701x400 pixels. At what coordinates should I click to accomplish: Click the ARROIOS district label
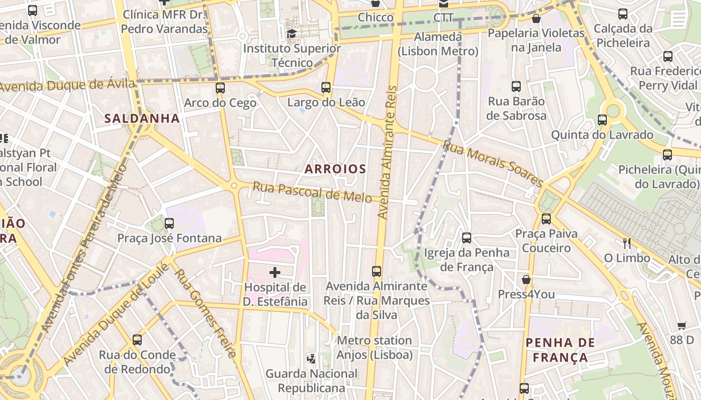(x=335, y=169)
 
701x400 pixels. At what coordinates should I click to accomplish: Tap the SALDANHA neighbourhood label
(x=142, y=118)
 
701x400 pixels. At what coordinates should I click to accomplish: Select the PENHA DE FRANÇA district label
(x=560, y=350)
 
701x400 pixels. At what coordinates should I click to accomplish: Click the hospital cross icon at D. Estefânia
(x=275, y=272)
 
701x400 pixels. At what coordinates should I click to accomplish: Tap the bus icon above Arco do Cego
(x=220, y=88)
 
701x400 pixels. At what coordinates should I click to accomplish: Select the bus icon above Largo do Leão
(x=326, y=87)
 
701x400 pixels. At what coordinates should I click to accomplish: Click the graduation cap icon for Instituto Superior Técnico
(x=291, y=33)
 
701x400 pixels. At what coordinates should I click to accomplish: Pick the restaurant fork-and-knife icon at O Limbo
(x=626, y=243)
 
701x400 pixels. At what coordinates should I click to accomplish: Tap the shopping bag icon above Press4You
(x=526, y=279)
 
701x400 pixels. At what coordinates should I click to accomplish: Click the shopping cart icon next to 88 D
(x=681, y=325)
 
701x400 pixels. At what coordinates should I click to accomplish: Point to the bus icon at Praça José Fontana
(x=169, y=223)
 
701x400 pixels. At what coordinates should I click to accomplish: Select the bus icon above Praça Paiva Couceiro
(x=546, y=218)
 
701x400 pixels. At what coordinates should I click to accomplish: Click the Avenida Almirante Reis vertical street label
(x=388, y=152)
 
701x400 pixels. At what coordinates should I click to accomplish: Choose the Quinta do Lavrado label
(x=602, y=134)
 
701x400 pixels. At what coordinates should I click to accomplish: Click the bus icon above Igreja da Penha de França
(x=467, y=237)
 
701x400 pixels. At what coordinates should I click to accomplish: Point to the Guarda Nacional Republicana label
(x=311, y=380)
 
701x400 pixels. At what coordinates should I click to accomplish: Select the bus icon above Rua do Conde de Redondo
(x=137, y=340)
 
